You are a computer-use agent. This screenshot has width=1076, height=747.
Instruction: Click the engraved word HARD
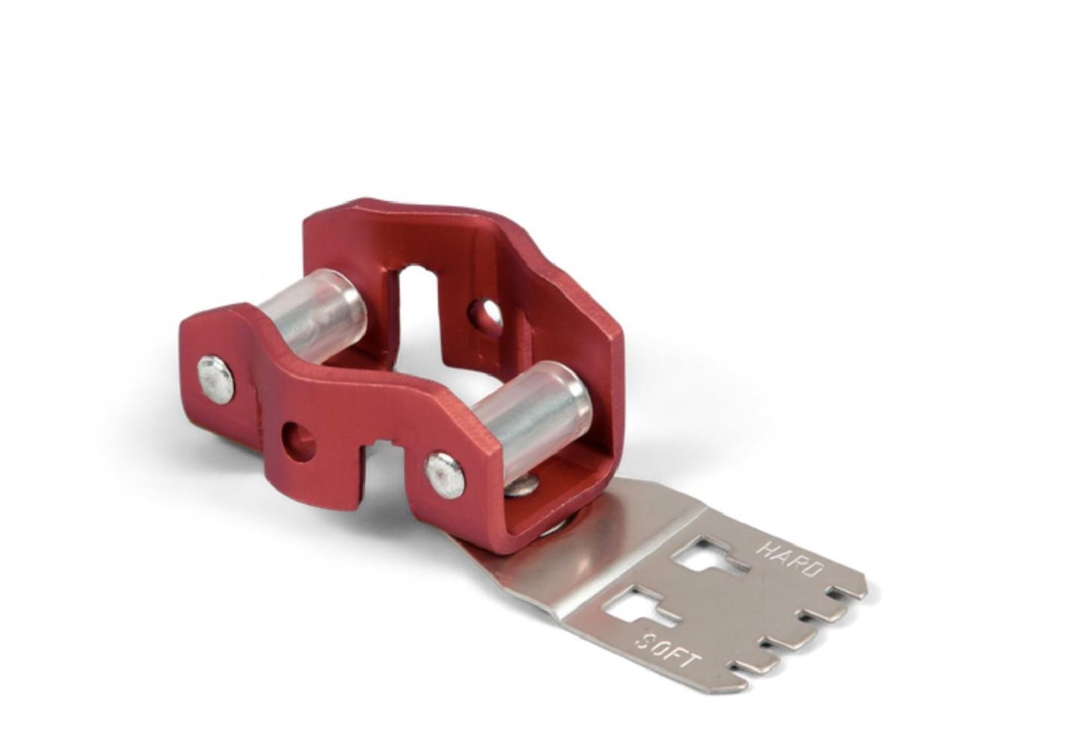click(791, 560)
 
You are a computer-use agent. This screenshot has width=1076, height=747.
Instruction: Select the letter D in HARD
click(815, 570)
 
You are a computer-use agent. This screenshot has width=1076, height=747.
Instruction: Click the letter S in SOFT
click(644, 642)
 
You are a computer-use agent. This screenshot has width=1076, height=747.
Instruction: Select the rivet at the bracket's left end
click(216, 379)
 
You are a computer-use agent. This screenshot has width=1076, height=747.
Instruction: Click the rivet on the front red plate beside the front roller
click(445, 475)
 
